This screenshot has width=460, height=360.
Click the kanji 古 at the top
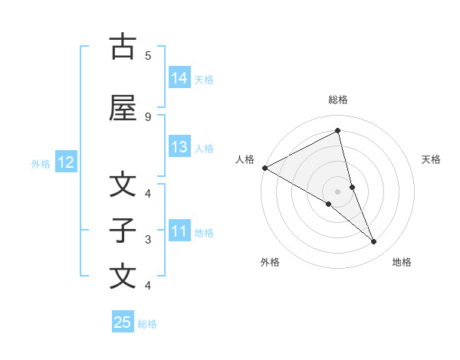coord(123,47)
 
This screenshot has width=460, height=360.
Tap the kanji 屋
coord(123,108)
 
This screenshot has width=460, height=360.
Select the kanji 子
coord(123,231)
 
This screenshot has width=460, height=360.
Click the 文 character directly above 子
coord(123,185)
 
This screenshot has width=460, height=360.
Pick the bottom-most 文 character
coord(123,277)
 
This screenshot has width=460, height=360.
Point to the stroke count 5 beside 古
coord(148,55)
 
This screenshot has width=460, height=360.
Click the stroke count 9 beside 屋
coord(148,116)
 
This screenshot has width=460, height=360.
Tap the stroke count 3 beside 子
coord(148,239)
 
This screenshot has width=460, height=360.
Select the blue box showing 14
coord(179,78)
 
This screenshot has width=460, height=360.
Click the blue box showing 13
coord(179,147)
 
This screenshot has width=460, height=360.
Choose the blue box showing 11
coord(179,231)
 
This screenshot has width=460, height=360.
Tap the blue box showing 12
coord(65,162)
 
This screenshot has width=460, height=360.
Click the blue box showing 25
coord(123,322)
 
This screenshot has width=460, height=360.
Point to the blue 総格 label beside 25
coord(148,324)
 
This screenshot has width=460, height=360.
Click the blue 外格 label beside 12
coord(41,163)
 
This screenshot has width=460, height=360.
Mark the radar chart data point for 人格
coord(264,167)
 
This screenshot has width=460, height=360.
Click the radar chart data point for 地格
coord(374,242)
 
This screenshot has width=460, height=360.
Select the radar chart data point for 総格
coord(338,131)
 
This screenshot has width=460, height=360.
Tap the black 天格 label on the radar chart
coord(432,159)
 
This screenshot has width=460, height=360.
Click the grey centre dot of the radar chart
coord(338,191)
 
